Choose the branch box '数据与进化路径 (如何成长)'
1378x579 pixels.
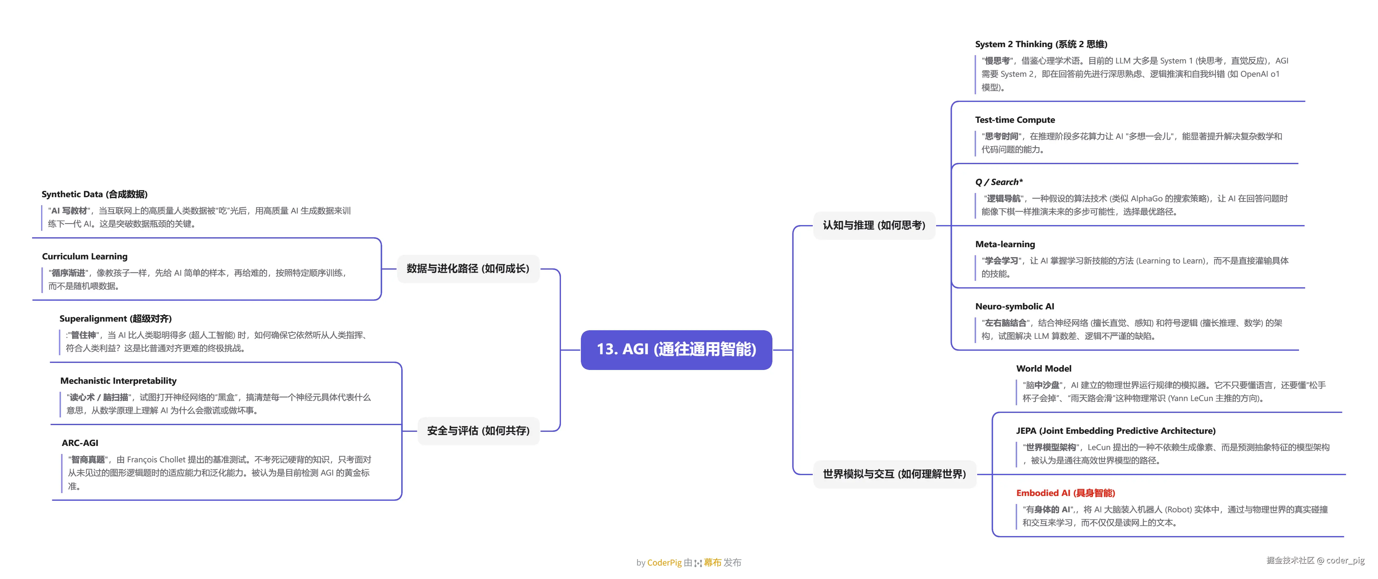click(x=468, y=268)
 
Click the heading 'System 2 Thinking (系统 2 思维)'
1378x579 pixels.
click(x=1040, y=44)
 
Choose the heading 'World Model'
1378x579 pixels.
click(x=1043, y=368)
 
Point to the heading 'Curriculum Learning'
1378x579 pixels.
click(x=84, y=256)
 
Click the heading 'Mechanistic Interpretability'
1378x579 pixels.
click(x=118, y=381)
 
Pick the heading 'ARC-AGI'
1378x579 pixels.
click(x=80, y=443)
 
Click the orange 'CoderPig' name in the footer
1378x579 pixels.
click(x=664, y=562)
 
